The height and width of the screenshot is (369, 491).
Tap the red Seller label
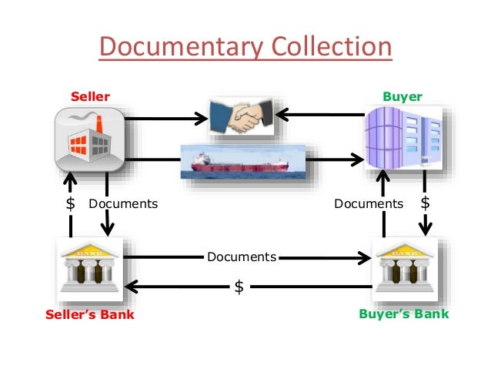90,97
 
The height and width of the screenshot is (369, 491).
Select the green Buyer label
402,97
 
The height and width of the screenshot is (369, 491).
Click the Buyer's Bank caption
403,315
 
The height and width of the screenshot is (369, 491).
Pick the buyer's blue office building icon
402,139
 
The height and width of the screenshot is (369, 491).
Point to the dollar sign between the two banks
239,287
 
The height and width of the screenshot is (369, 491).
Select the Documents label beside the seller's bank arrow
123,204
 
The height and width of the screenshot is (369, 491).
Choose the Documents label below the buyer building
369,204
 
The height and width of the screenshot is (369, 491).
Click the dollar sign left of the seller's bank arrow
71,204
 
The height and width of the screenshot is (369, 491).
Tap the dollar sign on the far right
426,203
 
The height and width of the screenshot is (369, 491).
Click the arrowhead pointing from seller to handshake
202,119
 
